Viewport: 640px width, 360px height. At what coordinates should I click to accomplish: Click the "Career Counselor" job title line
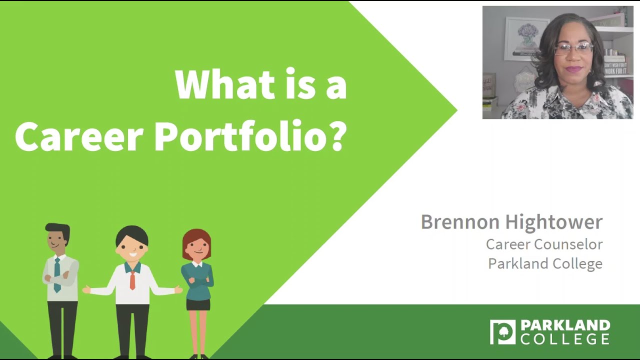point(544,244)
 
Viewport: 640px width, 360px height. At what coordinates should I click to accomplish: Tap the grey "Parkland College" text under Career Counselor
point(545,263)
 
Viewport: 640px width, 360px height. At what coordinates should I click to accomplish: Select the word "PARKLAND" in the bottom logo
point(565,326)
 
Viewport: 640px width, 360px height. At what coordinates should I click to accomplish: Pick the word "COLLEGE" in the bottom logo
point(565,339)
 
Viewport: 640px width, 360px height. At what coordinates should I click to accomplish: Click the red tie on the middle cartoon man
point(132,280)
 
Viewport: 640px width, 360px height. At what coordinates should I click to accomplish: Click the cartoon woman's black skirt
point(198,304)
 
